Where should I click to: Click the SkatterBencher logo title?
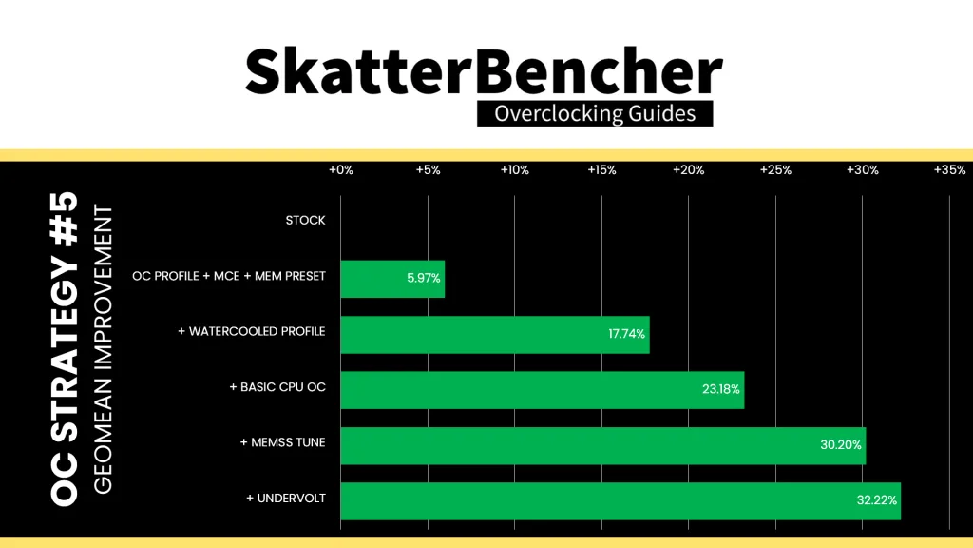pyautogui.click(x=484, y=71)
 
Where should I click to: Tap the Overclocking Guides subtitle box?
pyautogui.click(x=595, y=114)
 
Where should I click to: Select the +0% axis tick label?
pyautogui.click(x=341, y=170)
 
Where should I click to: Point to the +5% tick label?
pyautogui.click(x=428, y=170)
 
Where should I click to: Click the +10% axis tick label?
pyautogui.click(x=514, y=170)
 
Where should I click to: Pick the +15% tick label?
pyautogui.click(x=601, y=170)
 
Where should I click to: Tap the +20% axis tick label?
pyautogui.click(x=688, y=170)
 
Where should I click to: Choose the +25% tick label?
pyautogui.click(x=775, y=170)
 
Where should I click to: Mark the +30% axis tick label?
pyautogui.click(x=863, y=170)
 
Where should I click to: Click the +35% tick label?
pyautogui.click(x=949, y=170)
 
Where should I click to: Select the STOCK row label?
pyautogui.click(x=305, y=221)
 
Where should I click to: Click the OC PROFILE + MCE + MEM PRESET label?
pyautogui.click(x=229, y=276)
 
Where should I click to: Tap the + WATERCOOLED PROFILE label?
pyautogui.click(x=251, y=331)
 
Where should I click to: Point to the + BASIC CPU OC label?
pyautogui.click(x=277, y=387)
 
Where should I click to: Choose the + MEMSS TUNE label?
pyautogui.click(x=283, y=442)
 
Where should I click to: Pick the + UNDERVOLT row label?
pyautogui.click(x=286, y=499)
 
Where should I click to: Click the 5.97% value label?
pyautogui.click(x=423, y=279)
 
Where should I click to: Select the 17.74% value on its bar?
pyautogui.click(x=627, y=334)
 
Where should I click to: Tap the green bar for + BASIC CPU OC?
pyautogui.click(x=543, y=390)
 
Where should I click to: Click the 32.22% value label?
pyautogui.click(x=877, y=500)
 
